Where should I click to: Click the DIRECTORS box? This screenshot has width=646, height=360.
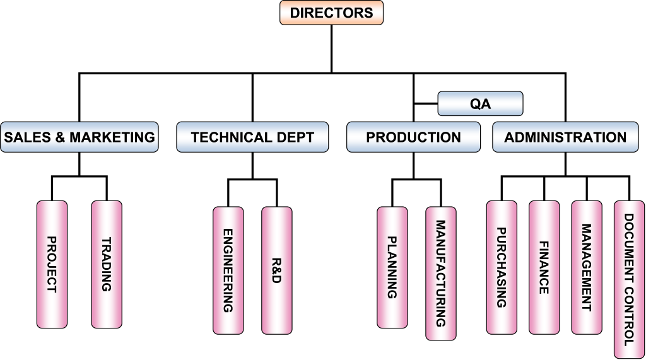coord(331,13)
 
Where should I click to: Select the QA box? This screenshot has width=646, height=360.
coord(480,104)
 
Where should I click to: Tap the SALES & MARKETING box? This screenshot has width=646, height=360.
coord(79,137)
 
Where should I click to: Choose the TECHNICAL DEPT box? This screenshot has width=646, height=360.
coord(252,137)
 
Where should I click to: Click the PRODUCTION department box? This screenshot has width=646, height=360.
coord(413,137)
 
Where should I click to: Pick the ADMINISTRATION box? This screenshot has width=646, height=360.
coord(565,137)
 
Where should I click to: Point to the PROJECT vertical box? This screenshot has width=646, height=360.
coord(52,264)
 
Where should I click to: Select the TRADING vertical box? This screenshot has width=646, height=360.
coord(107,264)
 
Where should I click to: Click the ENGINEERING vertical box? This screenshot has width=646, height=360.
coord(228,270)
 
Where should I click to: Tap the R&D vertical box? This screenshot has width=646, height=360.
coord(276,270)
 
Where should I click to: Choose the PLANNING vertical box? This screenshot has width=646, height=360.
coord(392,267)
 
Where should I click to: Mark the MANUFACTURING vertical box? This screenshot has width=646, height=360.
coord(440,274)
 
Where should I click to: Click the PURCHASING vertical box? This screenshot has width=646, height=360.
coord(502,267)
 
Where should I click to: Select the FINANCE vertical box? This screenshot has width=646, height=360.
coord(544,267)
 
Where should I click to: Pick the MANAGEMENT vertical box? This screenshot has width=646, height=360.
coord(586,267)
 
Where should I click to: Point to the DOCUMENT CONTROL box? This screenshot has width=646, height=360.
coord(629,279)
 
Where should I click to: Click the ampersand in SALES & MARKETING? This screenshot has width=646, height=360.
coord(61,137)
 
